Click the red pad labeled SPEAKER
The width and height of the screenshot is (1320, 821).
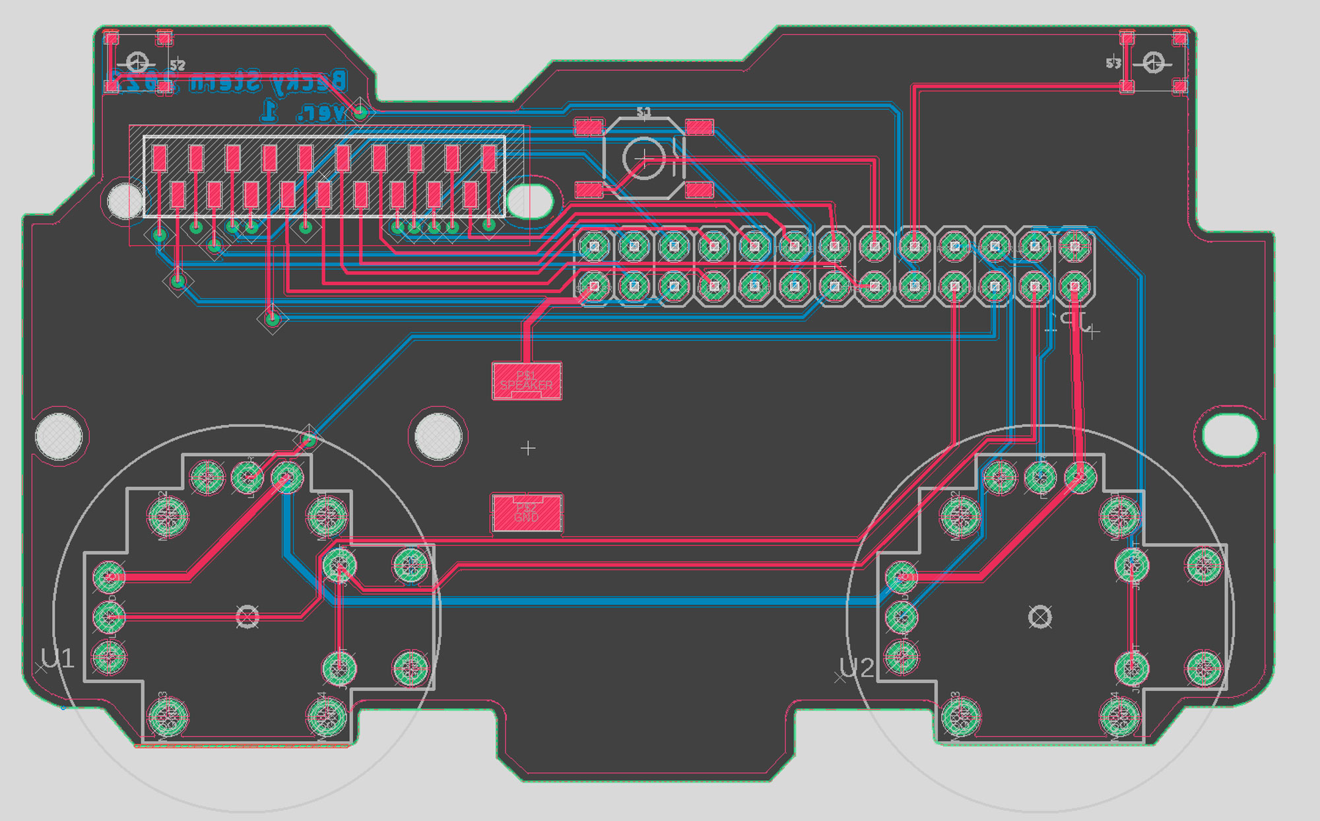(x=527, y=381)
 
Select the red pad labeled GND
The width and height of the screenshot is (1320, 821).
(x=527, y=513)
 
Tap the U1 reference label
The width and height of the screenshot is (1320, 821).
(x=57, y=659)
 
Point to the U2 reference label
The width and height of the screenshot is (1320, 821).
(x=857, y=669)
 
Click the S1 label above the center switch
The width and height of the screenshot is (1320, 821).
(x=643, y=112)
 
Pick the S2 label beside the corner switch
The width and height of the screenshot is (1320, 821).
(x=178, y=65)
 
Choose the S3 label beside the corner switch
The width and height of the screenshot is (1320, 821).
(x=1113, y=63)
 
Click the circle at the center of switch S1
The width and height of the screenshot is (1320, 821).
(x=643, y=158)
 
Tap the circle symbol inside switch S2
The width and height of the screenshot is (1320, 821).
(x=137, y=63)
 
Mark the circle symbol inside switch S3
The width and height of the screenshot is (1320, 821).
(x=1153, y=63)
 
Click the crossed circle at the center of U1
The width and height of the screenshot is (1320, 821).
(x=247, y=617)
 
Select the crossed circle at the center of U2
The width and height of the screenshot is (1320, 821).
(x=1040, y=617)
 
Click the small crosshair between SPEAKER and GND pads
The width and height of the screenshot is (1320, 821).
(x=528, y=449)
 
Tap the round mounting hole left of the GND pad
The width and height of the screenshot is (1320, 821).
(x=438, y=436)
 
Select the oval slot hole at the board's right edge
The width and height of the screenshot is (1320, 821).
(x=1230, y=434)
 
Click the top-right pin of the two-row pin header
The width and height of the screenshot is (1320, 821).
(x=1074, y=246)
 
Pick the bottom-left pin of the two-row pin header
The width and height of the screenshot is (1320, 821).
(x=594, y=286)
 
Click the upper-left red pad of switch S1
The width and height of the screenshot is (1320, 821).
(x=589, y=127)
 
